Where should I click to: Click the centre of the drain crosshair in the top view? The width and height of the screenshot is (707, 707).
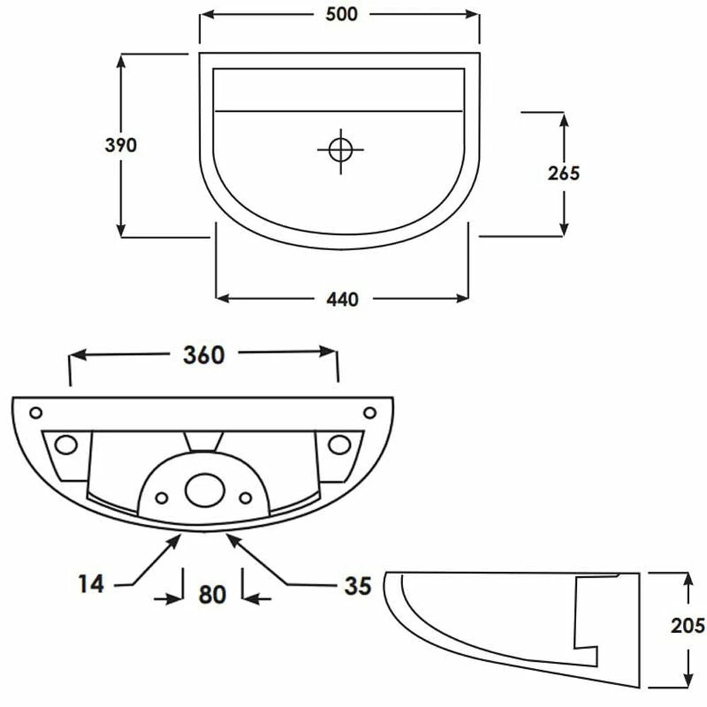(x=341, y=150)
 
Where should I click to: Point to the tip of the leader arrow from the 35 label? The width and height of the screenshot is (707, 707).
(x=227, y=534)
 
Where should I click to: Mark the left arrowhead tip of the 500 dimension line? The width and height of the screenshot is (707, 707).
(x=201, y=14)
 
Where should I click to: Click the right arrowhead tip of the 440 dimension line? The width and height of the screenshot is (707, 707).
(x=468, y=298)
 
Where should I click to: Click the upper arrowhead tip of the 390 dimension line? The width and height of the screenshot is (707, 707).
(x=121, y=55)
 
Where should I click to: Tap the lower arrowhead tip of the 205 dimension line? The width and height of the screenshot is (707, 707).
(x=688, y=687)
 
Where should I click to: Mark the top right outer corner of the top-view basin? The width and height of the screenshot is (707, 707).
(x=479, y=53)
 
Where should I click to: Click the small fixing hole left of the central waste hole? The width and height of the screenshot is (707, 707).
(x=161, y=498)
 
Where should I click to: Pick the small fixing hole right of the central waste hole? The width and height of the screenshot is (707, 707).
(x=245, y=498)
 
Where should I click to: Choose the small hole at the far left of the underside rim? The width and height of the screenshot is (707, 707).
(x=35, y=413)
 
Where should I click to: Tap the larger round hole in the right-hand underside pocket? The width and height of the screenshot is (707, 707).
(x=339, y=445)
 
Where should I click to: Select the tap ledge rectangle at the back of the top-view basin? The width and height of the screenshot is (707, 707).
(x=339, y=89)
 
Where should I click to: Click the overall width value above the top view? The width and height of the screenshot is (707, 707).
(x=341, y=14)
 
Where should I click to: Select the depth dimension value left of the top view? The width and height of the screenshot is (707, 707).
(x=120, y=145)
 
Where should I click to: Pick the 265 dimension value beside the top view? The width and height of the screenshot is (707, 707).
(x=563, y=173)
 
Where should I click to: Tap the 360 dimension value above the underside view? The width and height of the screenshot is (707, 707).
(x=204, y=356)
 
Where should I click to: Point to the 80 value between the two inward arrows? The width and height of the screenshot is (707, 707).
(x=212, y=595)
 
